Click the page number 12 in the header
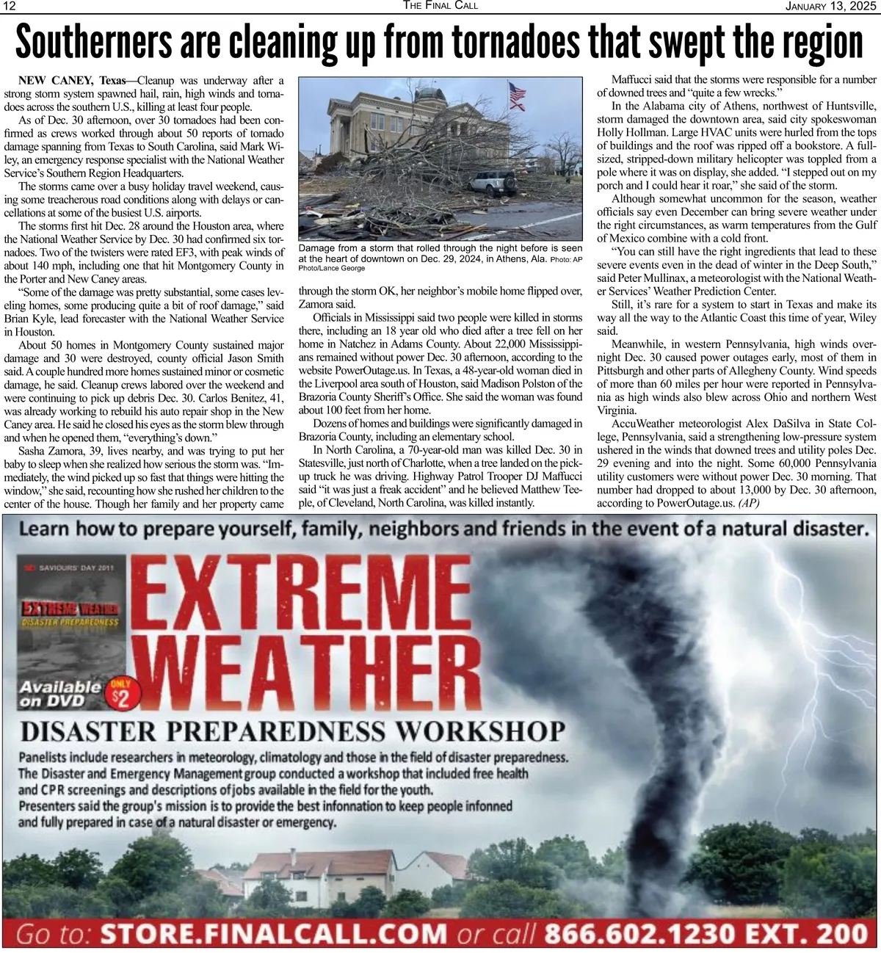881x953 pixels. (10, 6)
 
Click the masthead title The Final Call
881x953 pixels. (440, 6)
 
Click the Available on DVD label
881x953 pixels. (61, 694)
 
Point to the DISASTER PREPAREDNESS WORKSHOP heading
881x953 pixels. (293, 732)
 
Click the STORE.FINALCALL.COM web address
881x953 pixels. (273, 934)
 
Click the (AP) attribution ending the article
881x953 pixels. (749, 504)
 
